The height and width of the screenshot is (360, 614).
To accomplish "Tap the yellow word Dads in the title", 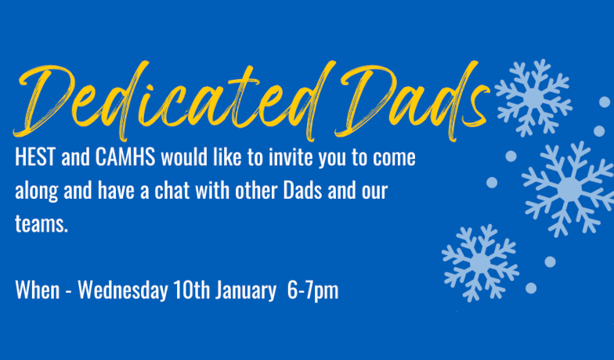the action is [x=414, y=101].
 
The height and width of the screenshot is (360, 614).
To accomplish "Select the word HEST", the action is [x=35, y=158].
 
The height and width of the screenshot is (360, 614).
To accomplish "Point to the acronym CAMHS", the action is [x=125, y=158].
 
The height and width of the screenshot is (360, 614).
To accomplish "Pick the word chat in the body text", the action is [x=172, y=191].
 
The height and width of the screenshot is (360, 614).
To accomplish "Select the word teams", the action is [x=42, y=225].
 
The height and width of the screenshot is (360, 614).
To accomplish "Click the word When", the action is [x=38, y=291].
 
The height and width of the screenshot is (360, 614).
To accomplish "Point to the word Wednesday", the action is [x=123, y=291].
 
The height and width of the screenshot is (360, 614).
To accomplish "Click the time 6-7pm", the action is [x=313, y=291].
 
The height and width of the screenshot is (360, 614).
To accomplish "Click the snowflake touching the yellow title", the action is [x=533, y=98].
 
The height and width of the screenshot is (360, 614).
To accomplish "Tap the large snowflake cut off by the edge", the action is [x=569, y=189].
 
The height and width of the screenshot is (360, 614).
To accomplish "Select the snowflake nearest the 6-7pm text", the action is [x=481, y=263].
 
